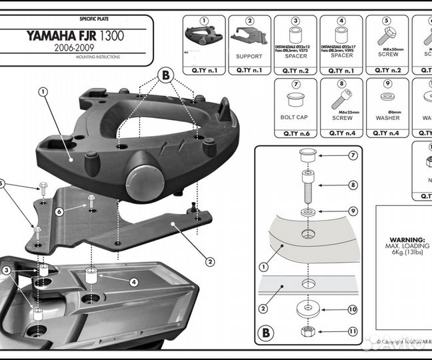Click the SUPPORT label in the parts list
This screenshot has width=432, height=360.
(x=249, y=57)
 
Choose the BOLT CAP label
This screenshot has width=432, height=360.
(x=294, y=117)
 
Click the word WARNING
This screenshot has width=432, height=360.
(x=408, y=239)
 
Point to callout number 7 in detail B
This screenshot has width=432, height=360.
(x=353, y=156)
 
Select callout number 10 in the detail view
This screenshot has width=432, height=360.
(x=353, y=309)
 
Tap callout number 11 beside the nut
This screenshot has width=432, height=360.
(x=353, y=331)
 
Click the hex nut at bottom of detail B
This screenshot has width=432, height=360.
(x=309, y=330)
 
